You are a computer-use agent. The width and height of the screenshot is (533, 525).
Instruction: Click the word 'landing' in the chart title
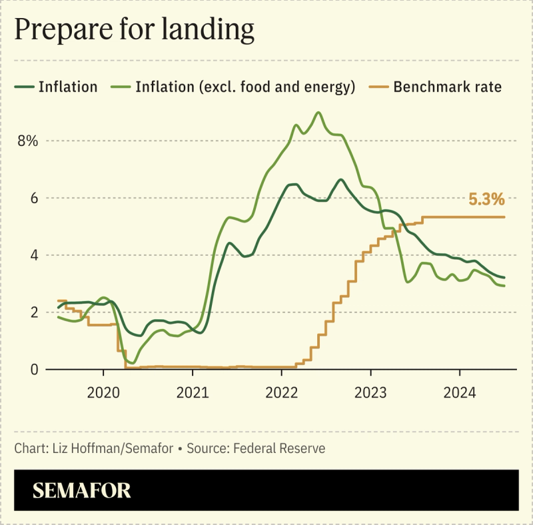click(211, 31)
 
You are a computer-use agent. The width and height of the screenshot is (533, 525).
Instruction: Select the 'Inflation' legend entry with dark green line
click(67, 87)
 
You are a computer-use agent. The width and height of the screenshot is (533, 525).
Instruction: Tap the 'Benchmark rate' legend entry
click(447, 87)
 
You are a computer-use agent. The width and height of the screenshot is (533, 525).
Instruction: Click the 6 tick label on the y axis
click(33, 199)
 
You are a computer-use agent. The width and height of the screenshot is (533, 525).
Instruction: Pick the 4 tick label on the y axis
click(33, 255)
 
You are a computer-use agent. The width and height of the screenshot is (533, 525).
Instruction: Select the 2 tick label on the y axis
click(33, 312)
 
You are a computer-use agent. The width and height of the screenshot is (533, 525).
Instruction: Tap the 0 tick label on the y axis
click(33, 369)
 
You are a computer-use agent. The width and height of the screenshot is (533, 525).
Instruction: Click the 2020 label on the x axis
click(103, 392)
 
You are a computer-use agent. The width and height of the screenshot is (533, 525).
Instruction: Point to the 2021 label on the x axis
click(193, 392)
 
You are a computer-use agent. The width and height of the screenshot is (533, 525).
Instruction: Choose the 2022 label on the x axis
click(282, 392)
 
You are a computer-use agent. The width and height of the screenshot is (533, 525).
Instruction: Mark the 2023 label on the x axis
click(370, 392)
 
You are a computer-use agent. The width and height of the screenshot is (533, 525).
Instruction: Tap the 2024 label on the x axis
click(460, 392)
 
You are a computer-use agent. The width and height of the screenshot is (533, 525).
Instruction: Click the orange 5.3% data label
click(486, 199)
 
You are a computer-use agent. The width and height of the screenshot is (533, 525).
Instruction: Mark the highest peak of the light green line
click(318, 113)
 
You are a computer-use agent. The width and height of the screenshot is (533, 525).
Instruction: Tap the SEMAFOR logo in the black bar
click(82, 491)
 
